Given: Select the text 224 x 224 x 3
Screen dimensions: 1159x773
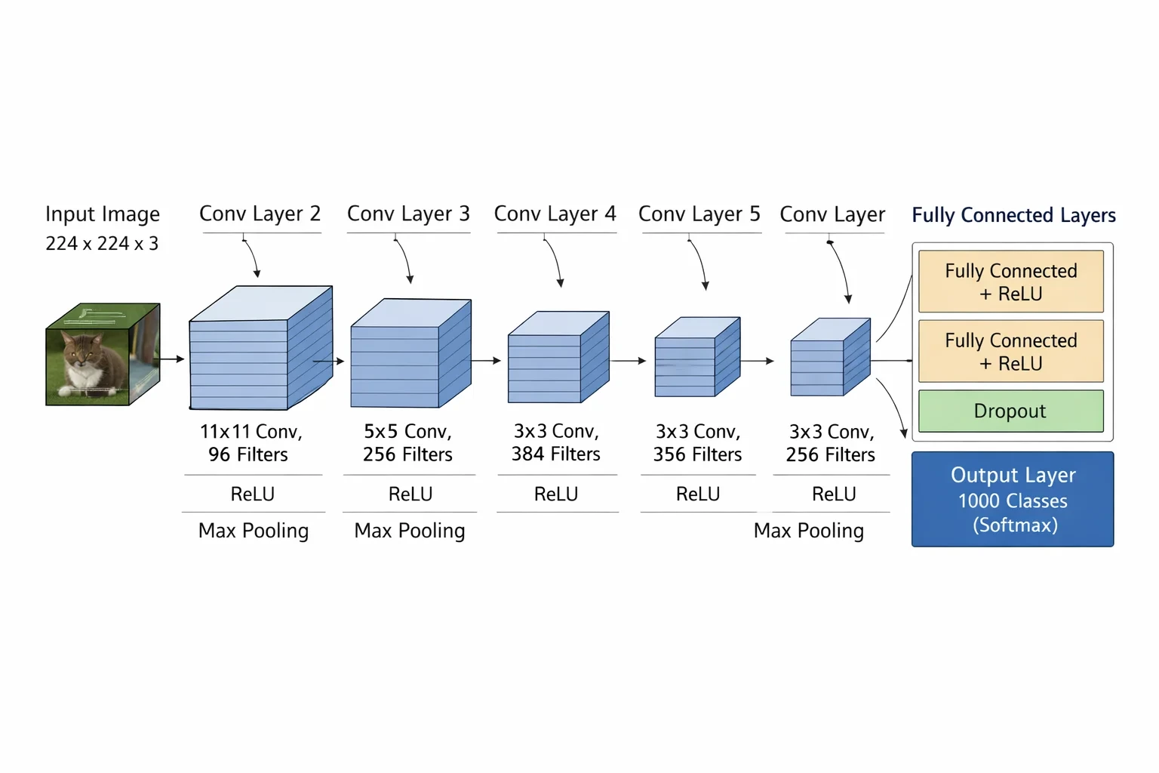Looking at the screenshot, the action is tap(102, 243).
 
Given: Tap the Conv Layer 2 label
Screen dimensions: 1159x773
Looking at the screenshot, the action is tap(260, 214).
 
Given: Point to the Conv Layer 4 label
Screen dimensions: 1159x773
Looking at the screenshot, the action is tap(555, 214).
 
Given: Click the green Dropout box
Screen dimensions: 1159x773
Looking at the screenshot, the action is tap(1011, 411).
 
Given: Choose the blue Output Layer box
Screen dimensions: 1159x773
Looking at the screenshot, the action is tap(1013, 499).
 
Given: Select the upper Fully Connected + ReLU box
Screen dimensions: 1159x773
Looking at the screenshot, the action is tap(1011, 282).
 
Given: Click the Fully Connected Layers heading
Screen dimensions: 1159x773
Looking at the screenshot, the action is tap(1013, 215).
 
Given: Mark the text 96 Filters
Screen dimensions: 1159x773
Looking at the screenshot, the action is tap(247, 454).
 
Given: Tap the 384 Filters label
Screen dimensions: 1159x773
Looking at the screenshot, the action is tap(555, 454).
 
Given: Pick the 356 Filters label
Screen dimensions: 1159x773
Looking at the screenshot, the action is tap(697, 454).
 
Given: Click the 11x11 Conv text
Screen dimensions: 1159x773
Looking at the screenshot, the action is tap(251, 431).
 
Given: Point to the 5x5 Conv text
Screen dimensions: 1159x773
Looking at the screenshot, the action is tap(407, 431).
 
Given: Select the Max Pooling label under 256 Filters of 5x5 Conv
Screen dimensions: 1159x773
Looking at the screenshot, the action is tap(409, 531).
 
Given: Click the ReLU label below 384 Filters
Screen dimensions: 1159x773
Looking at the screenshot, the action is tap(556, 494).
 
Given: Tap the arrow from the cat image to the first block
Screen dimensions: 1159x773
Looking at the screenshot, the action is tap(169, 359).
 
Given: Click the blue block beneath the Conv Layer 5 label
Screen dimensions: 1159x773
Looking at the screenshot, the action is tap(697, 357).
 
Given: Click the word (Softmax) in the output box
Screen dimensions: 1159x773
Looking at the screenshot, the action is tap(1015, 525).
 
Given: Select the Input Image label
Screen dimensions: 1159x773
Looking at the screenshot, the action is tap(103, 214).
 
